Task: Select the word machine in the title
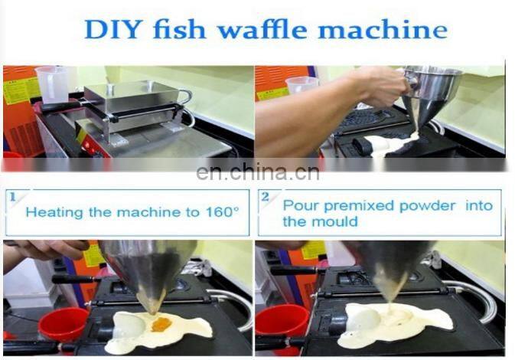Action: [383, 29]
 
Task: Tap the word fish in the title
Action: [179, 29]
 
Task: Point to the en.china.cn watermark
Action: [257, 172]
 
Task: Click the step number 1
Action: [13, 197]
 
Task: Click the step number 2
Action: [265, 197]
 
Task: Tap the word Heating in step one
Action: [54, 213]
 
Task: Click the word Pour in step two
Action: [302, 205]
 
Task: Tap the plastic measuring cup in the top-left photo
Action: [52, 84]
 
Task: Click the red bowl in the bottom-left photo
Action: [64, 323]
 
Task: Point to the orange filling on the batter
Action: [162, 324]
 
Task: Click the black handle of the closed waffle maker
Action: [60, 106]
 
